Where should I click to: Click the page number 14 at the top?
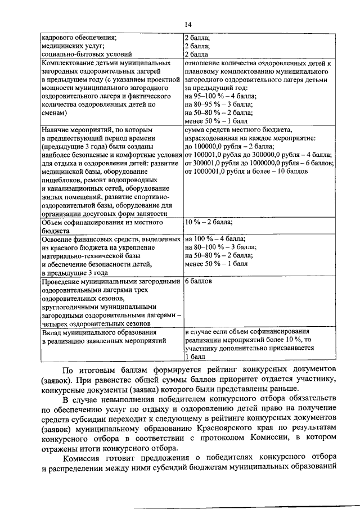[187, 24]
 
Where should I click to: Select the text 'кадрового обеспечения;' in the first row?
[79, 38]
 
